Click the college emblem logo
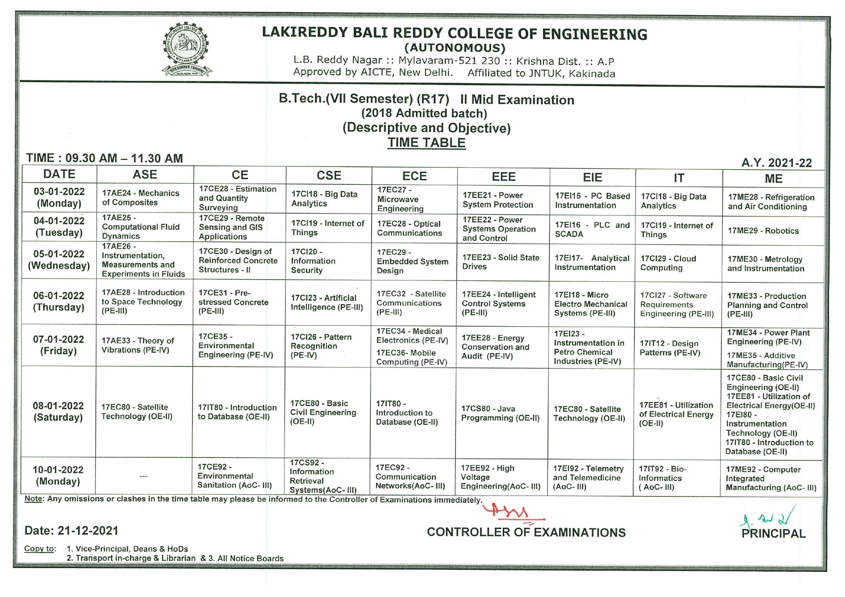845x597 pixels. pyautogui.click(x=186, y=50)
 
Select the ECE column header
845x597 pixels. pyautogui.click(x=414, y=176)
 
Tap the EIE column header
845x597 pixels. pyautogui.click(x=592, y=177)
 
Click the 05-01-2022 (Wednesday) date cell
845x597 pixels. pyautogui.click(x=59, y=260)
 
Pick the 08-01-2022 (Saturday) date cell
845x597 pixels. pyautogui.click(x=58, y=411)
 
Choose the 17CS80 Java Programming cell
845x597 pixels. pyautogui.click(x=500, y=413)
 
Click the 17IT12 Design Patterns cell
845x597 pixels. pyautogui.click(x=669, y=348)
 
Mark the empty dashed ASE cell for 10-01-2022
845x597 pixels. pyautogui.click(x=143, y=476)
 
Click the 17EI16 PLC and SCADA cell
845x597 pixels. pyautogui.click(x=592, y=229)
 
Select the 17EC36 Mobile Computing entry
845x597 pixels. pyautogui.click(x=411, y=357)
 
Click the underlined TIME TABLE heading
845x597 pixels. pyautogui.click(x=427, y=143)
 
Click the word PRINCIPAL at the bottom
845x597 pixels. pyautogui.click(x=773, y=533)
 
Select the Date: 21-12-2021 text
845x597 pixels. pyautogui.click(x=71, y=531)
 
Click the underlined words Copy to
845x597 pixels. pyautogui.click(x=40, y=549)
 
